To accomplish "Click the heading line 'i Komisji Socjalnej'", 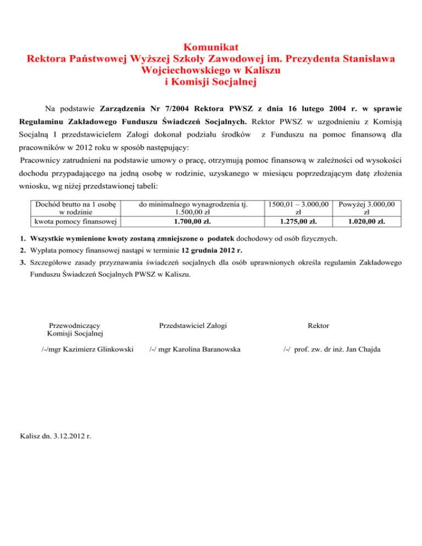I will coord(211,82).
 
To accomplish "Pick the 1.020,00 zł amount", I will coord(367,222).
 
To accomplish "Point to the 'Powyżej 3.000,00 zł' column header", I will coord(367,208).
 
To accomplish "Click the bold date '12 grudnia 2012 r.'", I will coord(209,250).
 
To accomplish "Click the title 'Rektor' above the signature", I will coord(319,326).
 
